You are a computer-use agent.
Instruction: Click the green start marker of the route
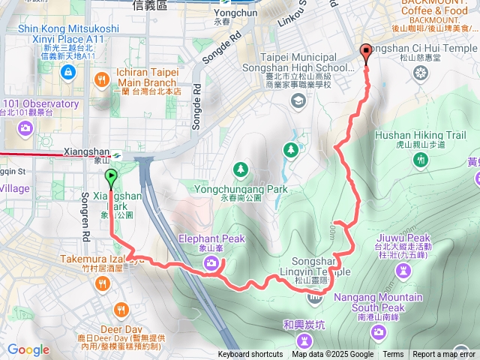coord(111,178)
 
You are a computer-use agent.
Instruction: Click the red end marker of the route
coord(366,52)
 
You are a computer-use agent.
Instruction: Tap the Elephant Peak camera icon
coord(212,262)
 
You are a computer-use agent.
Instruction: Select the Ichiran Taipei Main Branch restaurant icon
coord(100,79)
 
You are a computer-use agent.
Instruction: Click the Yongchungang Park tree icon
coord(241,168)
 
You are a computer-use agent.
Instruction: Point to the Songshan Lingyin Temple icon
coord(313,299)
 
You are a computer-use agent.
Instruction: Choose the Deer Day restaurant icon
coord(121,308)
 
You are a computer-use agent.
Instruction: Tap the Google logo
coord(28,350)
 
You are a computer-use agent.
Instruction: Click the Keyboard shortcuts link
coord(250,355)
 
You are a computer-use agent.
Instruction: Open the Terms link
coord(393,355)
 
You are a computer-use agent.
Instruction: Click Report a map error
coord(444,355)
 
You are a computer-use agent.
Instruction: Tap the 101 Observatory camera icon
coord(26,127)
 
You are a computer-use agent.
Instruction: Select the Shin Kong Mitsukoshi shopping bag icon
coord(68,72)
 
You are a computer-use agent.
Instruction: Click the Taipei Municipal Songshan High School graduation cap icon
coord(298,100)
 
